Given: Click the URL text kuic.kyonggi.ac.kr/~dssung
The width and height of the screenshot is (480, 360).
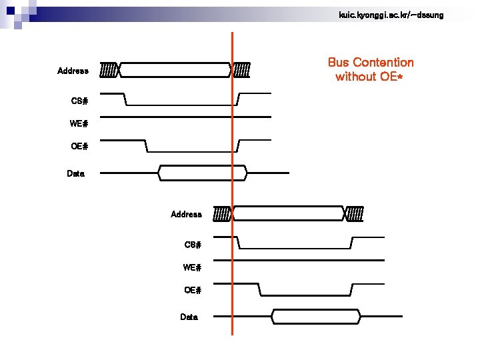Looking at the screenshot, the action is pos(391,15).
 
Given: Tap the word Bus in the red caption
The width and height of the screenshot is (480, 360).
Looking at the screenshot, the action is pos(339,63).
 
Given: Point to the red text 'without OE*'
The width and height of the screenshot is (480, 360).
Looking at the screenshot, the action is pos(369,77).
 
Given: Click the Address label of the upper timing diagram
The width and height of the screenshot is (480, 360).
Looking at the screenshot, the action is pos(73,71).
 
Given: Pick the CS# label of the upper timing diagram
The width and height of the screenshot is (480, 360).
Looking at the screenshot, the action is pos(79,101).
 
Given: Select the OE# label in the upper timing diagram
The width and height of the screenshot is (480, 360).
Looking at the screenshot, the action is pos(79,146).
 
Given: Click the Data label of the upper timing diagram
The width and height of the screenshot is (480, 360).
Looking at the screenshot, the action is pos(76,173).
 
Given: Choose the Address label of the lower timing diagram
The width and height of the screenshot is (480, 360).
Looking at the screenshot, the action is pos(186,214).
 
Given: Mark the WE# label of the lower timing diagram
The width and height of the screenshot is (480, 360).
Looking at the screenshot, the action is pos(193,267).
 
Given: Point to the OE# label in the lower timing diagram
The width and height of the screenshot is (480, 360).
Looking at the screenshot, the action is pos(193,290).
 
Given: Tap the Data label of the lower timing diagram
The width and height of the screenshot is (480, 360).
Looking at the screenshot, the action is pos(189,317).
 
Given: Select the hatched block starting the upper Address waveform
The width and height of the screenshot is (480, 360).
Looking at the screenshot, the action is pos(109,69).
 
